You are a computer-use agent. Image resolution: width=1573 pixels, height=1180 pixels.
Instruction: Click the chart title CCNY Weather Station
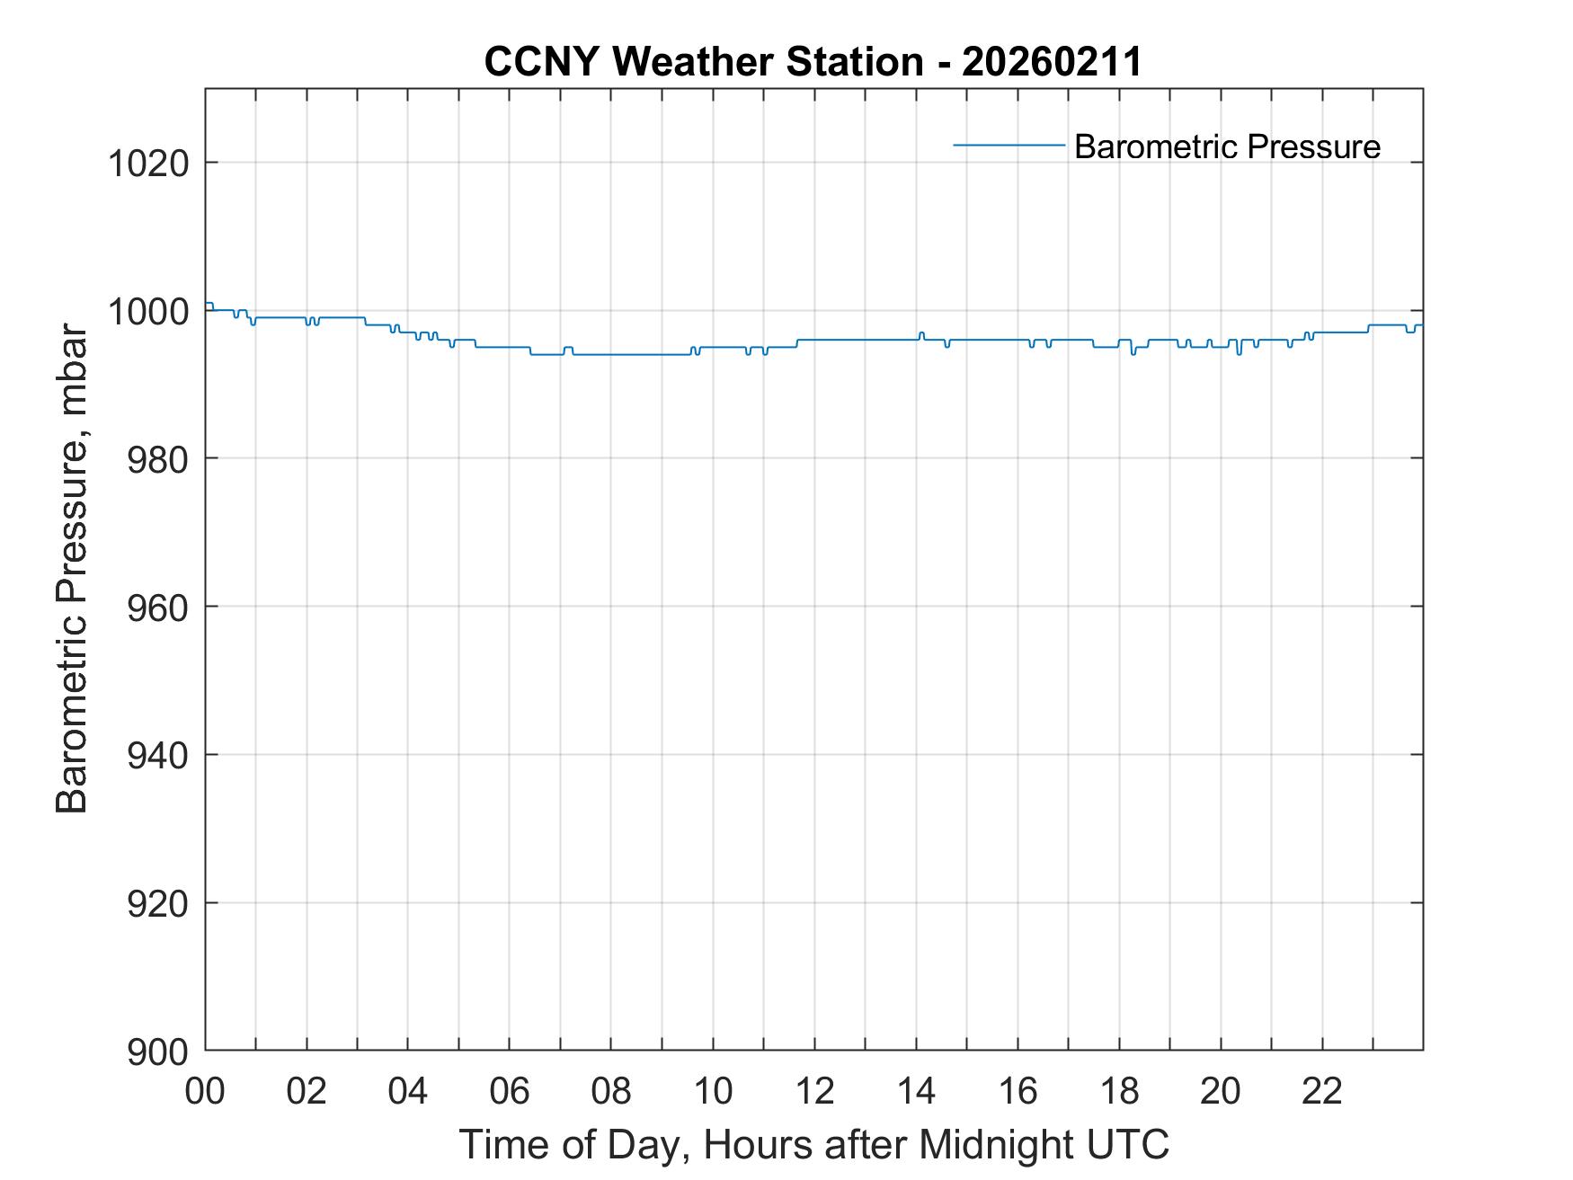click(703, 62)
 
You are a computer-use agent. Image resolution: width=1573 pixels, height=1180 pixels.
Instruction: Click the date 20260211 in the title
click(1051, 62)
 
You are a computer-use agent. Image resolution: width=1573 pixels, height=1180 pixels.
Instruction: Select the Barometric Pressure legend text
click(1227, 146)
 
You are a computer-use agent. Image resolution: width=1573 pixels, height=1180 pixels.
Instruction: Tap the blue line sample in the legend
click(1009, 145)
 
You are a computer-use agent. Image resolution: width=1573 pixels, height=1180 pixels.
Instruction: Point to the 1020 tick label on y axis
click(148, 164)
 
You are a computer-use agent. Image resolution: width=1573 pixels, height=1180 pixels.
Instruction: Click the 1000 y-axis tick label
click(148, 311)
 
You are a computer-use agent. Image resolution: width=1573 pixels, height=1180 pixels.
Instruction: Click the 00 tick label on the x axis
click(206, 1091)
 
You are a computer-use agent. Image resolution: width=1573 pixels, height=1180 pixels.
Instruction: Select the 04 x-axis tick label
click(408, 1091)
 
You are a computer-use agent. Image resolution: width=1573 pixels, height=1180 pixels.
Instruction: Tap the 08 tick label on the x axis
click(611, 1091)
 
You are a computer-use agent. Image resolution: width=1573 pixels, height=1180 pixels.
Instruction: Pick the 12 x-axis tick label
click(814, 1091)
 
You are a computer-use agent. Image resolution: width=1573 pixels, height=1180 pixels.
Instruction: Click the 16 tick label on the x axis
click(1018, 1091)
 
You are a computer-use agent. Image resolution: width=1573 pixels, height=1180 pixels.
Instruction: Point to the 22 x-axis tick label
click(1322, 1091)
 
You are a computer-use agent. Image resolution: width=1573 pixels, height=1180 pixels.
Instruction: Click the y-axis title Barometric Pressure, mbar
click(72, 569)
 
